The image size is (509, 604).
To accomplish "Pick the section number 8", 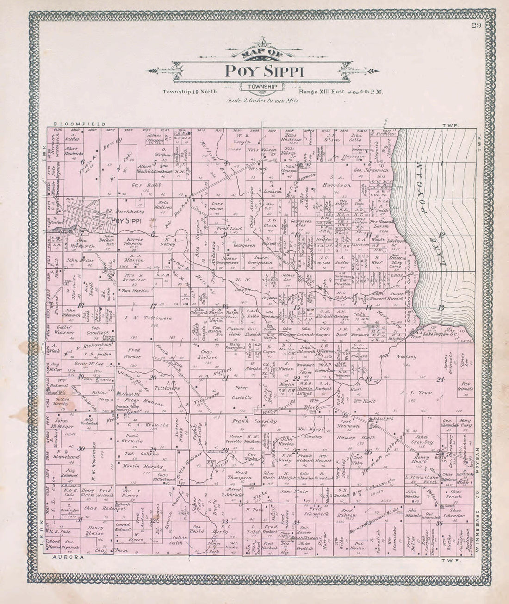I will pyautogui.click(x=153, y=234).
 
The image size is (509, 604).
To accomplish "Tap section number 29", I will pyautogui.click(x=153, y=448).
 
